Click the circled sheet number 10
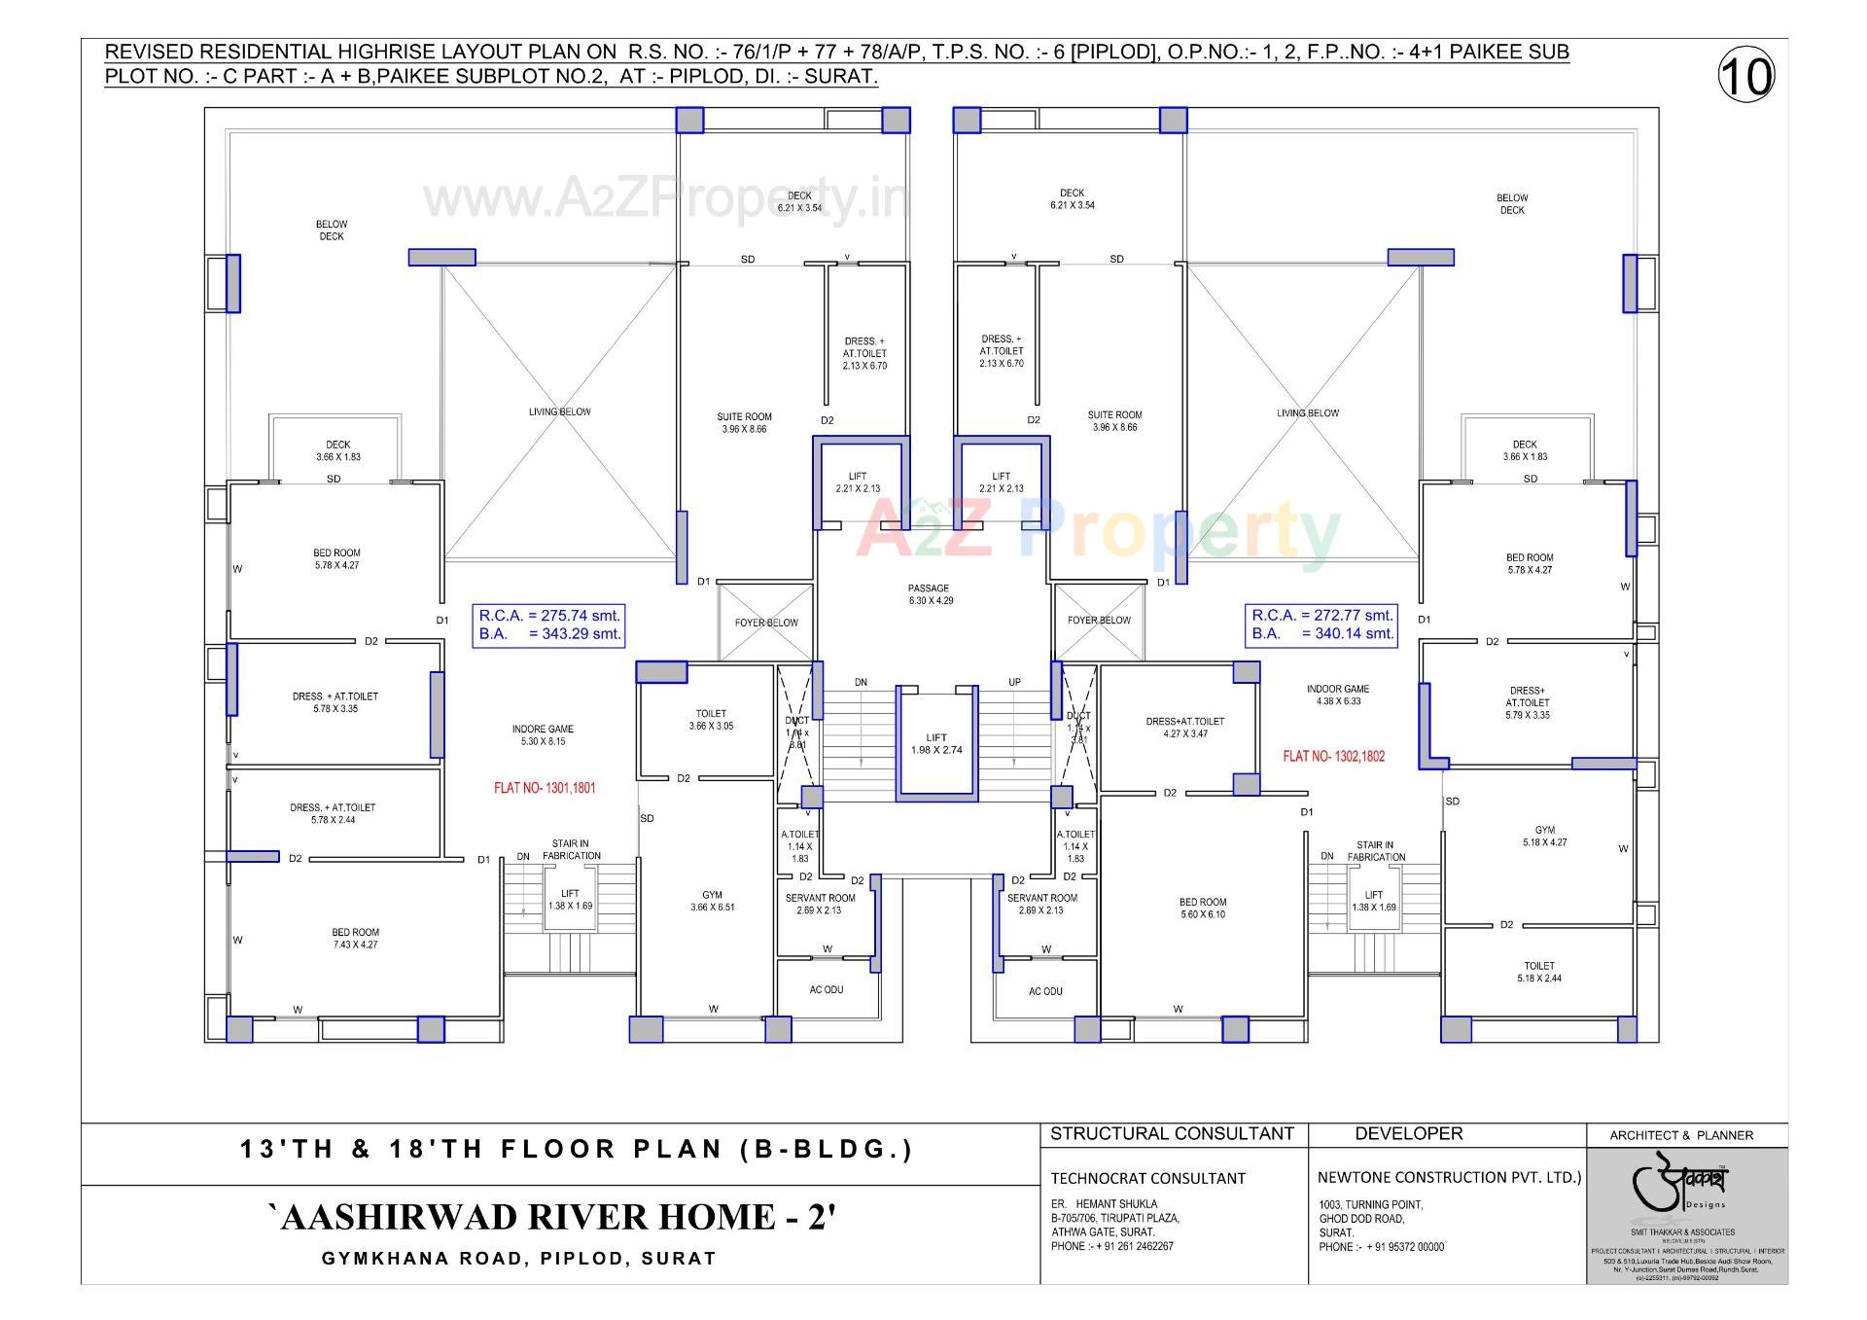tap(1746, 76)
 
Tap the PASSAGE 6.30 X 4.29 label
tap(929, 594)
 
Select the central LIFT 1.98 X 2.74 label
tap(936, 743)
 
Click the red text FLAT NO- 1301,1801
tap(545, 788)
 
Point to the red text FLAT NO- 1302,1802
tap(1333, 756)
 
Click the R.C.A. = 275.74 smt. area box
tap(549, 624)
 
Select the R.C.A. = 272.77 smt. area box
tap(1321, 624)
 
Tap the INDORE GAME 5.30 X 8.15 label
tap(543, 734)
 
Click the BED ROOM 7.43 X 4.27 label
tap(355, 938)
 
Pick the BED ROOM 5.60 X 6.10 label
tap(1203, 908)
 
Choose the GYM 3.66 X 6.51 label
tap(712, 901)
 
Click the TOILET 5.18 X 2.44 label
tap(1539, 972)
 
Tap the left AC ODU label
tap(827, 989)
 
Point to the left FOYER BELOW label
tap(766, 623)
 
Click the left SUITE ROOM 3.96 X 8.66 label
tap(745, 422)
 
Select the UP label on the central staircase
tap(1014, 682)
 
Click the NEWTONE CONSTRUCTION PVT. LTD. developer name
tap(1449, 1177)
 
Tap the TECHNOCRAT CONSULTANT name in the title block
tap(1134, 1178)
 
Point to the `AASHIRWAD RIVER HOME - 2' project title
tap(551, 1217)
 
